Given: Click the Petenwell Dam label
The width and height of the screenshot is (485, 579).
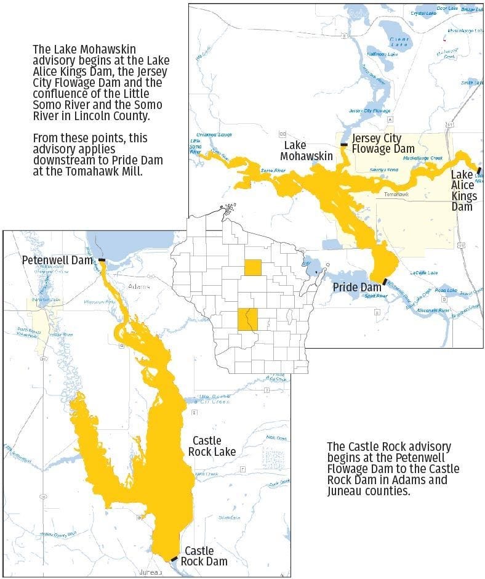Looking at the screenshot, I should point(57,260).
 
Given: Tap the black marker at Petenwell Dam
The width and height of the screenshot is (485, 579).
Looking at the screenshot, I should point(101,261).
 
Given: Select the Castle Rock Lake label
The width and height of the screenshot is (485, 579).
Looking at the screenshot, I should point(214,446).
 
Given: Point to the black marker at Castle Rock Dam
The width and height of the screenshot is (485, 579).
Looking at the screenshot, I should point(174,559).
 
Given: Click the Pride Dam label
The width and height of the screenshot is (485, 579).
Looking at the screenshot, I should point(357,287).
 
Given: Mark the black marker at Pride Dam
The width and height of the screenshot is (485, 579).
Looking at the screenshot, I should point(385,281).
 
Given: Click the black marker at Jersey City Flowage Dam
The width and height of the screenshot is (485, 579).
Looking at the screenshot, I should point(344,145).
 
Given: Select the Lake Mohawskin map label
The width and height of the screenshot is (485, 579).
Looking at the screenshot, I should point(307,150).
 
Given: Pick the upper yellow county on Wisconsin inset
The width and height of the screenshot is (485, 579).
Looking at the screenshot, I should point(252,267).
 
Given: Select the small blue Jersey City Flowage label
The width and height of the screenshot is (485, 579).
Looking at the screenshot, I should point(369,111).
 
